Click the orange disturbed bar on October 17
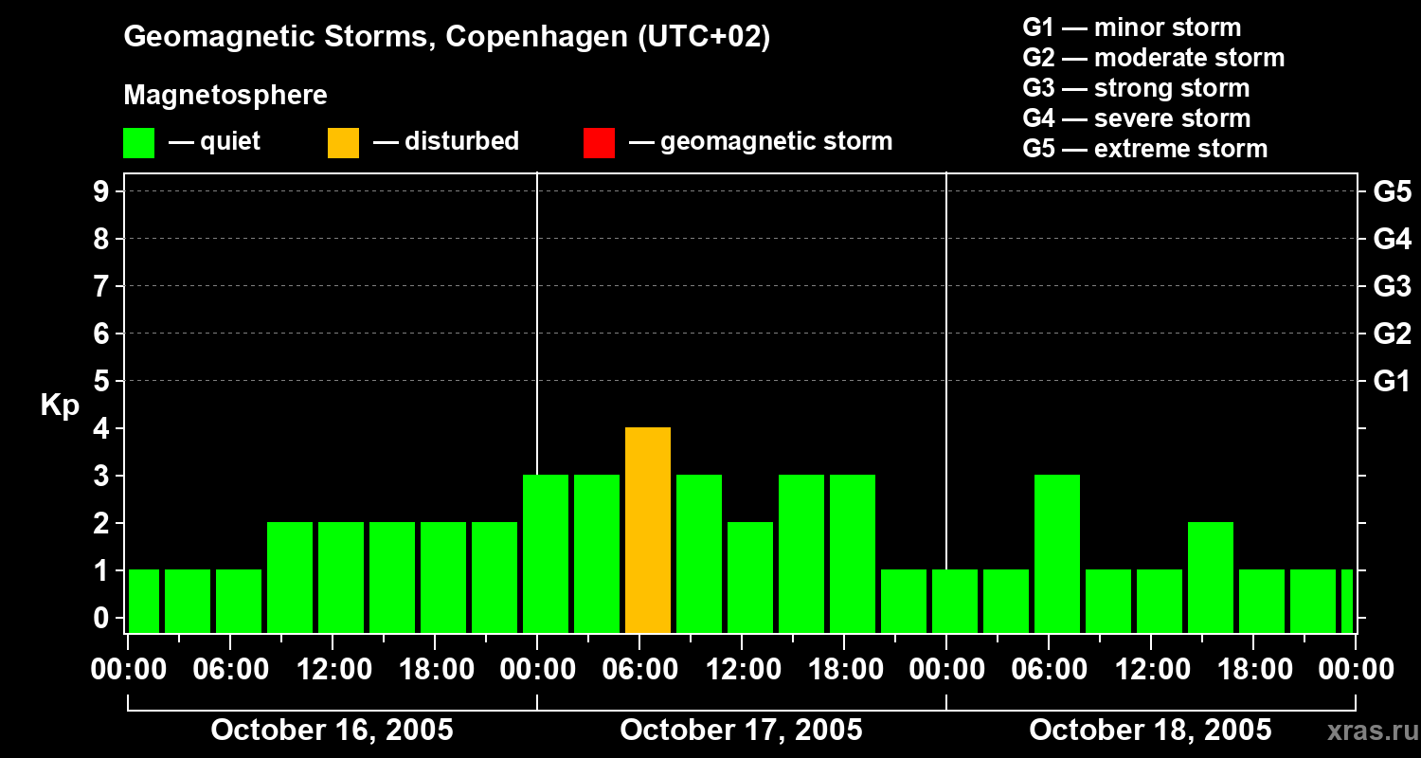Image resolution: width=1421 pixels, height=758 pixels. pyautogui.click(x=648, y=531)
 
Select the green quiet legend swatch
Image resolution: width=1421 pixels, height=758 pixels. pyautogui.click(x=138, y=142)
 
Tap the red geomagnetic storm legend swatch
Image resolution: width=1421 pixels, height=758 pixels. pyautogui.click(x=599, y=142)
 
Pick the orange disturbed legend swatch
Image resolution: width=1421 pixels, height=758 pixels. pyautogui.click(x=343, y=142)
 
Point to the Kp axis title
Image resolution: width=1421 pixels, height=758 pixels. pyautogui.click(x=60, y=406)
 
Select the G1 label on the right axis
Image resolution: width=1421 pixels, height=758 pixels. pyautogui.click(x=1392, y=381)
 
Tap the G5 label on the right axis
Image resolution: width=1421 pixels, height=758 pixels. pyautogui.click(x=1392, y=191)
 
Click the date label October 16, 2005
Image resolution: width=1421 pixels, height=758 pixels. pyautogui.click(x=332, y=730)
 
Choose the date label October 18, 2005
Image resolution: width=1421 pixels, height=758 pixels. pyautogui.click(x=1150, y=730)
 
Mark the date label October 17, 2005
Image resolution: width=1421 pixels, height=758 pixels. pyautogui.click(x=741, y=730)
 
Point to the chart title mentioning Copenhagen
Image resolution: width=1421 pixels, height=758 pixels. pyautogui.click(x=446, y=37)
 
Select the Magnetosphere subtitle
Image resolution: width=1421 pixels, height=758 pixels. pyautogui.click(x=225, y=96)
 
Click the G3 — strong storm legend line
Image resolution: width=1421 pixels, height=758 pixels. pyautogui.click(x=1136, y=88)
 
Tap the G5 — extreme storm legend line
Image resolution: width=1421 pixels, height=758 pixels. pyautogui.click(x=1144, y=149)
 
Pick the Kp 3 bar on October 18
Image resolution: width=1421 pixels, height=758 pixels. pyautogui.click(x=1057, y=554)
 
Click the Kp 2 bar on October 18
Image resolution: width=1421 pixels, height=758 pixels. pyautogui.click(x=1211, y=578)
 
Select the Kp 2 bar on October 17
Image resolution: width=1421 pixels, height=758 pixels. pyautogui.click(x=750, y=578)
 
